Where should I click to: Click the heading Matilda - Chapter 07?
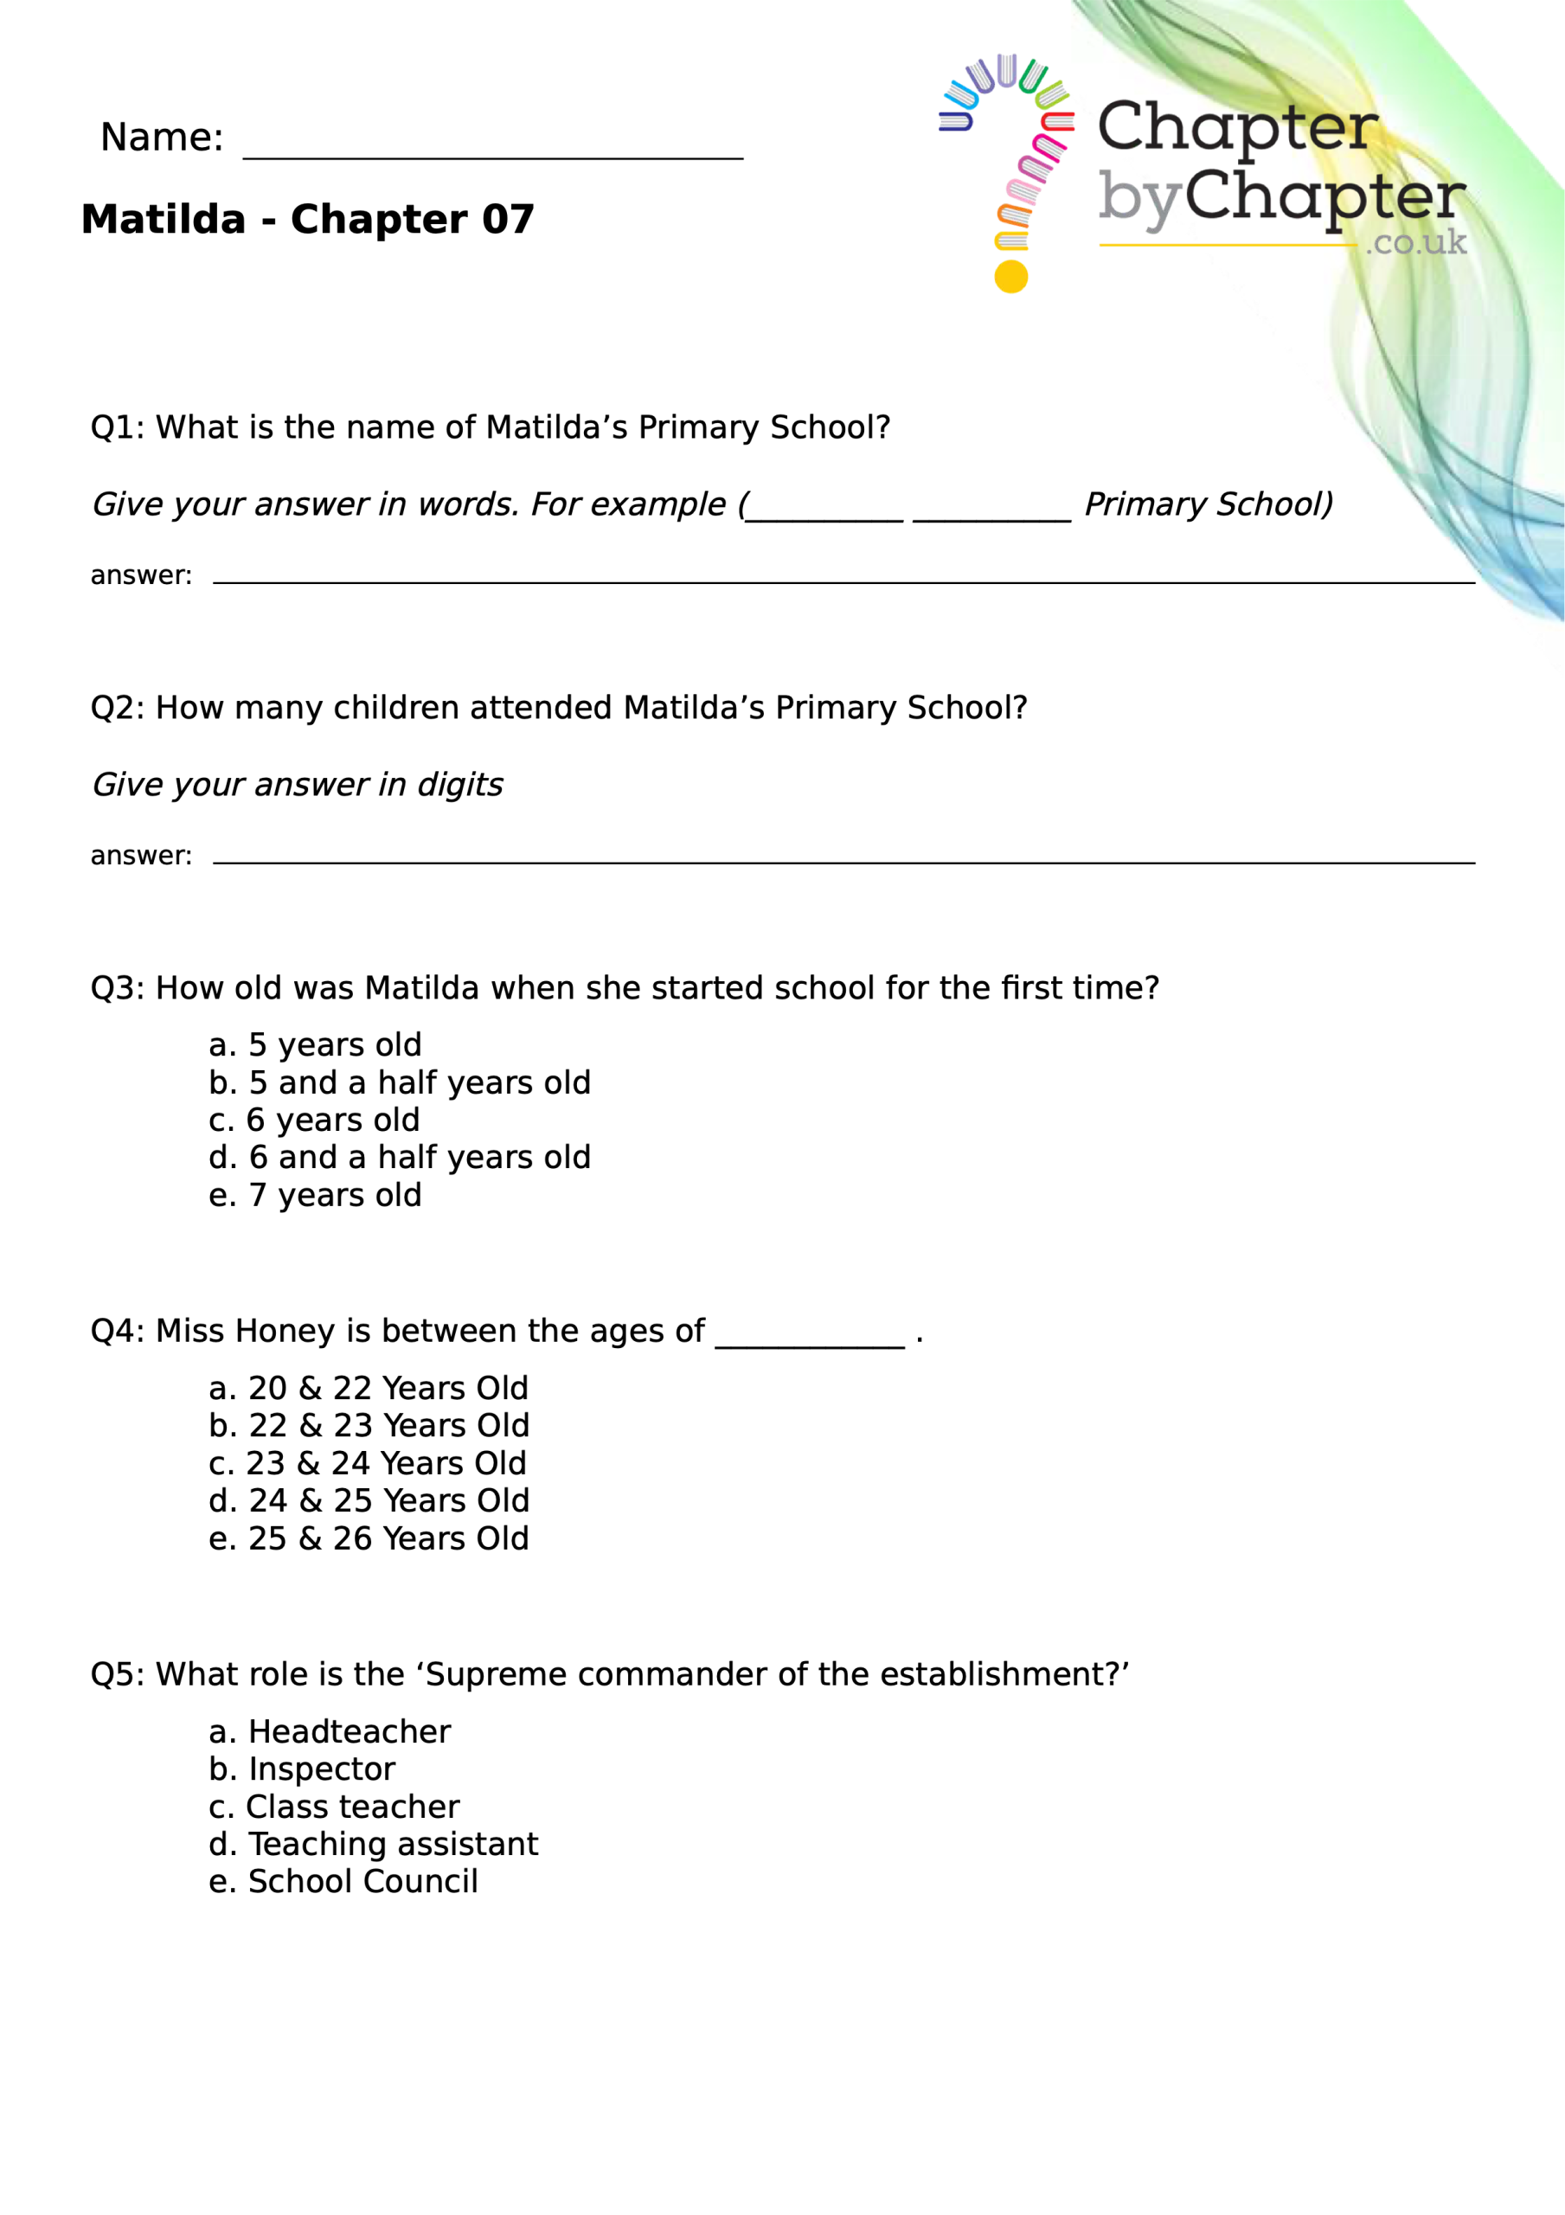click(307, 220)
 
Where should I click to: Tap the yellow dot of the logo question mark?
click(1010, 277)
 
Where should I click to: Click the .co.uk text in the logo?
click(1415, 242)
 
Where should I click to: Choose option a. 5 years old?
click(316, 1045)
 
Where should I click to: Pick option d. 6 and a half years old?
click(400, 1158)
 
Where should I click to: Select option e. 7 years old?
click(316, 1195)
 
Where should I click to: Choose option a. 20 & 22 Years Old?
click(369, 1388)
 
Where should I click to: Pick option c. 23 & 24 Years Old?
click(368, 1463)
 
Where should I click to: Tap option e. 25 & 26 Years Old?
click(369, 1538)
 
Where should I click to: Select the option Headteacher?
click(330, 1731)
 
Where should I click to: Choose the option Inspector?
click(302, 1769)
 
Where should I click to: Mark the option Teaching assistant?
click(374, 1845)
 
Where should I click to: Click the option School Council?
click(343, 1882)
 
